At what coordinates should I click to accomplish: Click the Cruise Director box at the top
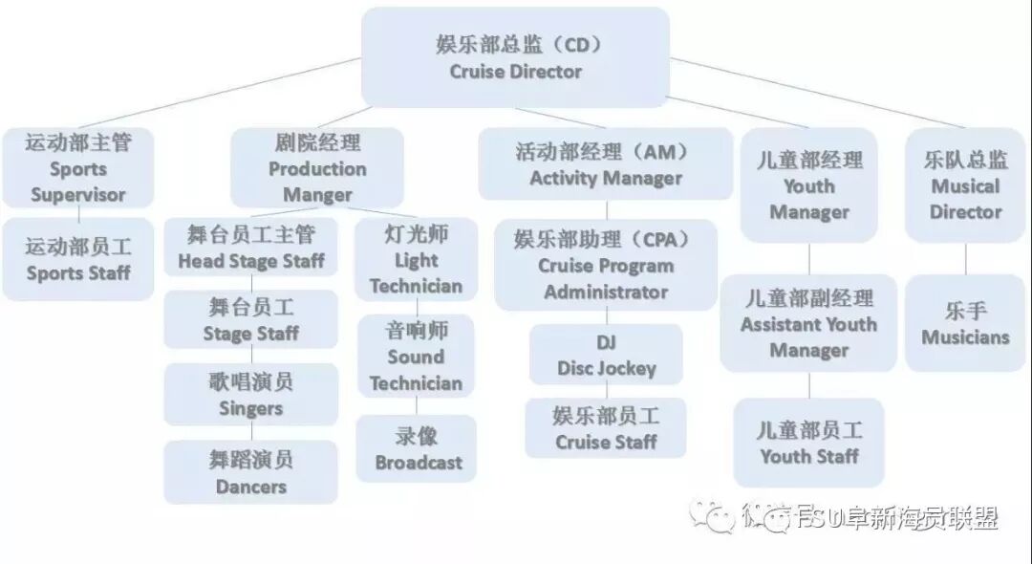click(515, 57)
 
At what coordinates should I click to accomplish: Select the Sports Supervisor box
click(78, 169)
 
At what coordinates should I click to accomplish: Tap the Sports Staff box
click(78, 260)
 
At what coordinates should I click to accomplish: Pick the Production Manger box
click(317, 169)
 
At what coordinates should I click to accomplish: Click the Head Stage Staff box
click(251, 248)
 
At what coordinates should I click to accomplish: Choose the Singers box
click(251, 395)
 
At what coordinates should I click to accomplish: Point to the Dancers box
click(251, 472)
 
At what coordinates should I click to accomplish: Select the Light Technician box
click(416, 260)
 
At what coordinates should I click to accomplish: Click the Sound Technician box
click(416, 357)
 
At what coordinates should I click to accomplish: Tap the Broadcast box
click(418, 449)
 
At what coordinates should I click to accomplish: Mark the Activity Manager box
click(606, 164)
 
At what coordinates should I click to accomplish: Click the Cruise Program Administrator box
click(606, 265)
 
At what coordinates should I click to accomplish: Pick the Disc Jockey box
click(607, 355)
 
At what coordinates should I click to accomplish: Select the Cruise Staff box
click(606, 428)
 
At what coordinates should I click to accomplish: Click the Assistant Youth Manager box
click(808, 324)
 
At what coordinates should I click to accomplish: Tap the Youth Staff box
click(809, 444)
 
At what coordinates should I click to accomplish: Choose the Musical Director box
click(965, 185)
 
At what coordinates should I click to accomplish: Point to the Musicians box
click(965, 323)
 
